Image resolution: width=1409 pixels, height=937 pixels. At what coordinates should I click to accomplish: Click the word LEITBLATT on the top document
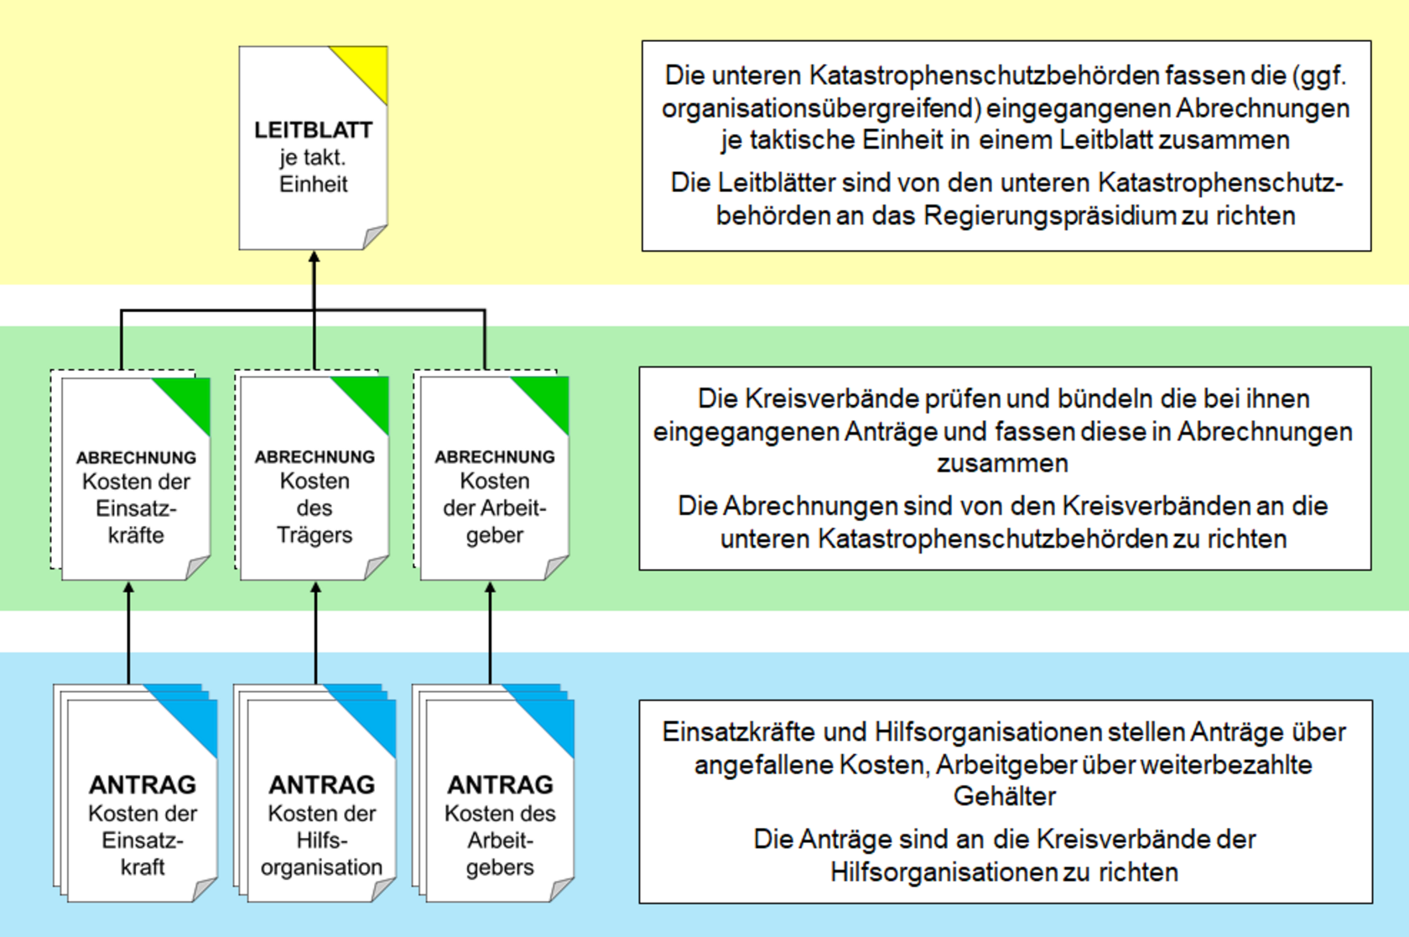313,130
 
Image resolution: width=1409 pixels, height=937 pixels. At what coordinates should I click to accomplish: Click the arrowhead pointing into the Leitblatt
315,258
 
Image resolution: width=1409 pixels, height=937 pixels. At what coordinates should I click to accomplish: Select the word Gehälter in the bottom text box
1005,796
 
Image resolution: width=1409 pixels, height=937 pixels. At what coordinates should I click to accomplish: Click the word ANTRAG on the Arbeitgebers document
500,784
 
